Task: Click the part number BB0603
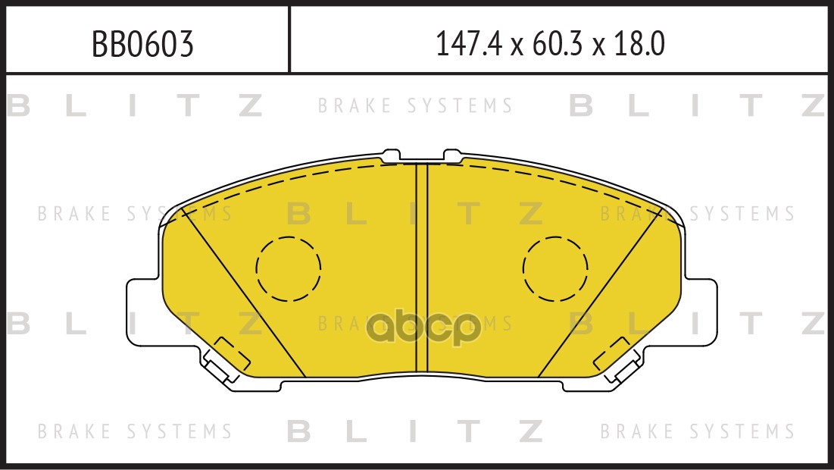point(142,45)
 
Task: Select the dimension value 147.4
point(468,45)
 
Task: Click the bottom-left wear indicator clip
point(224,362)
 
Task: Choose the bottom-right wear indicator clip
point(619,362)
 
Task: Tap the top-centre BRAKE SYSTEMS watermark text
point(415,106)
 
